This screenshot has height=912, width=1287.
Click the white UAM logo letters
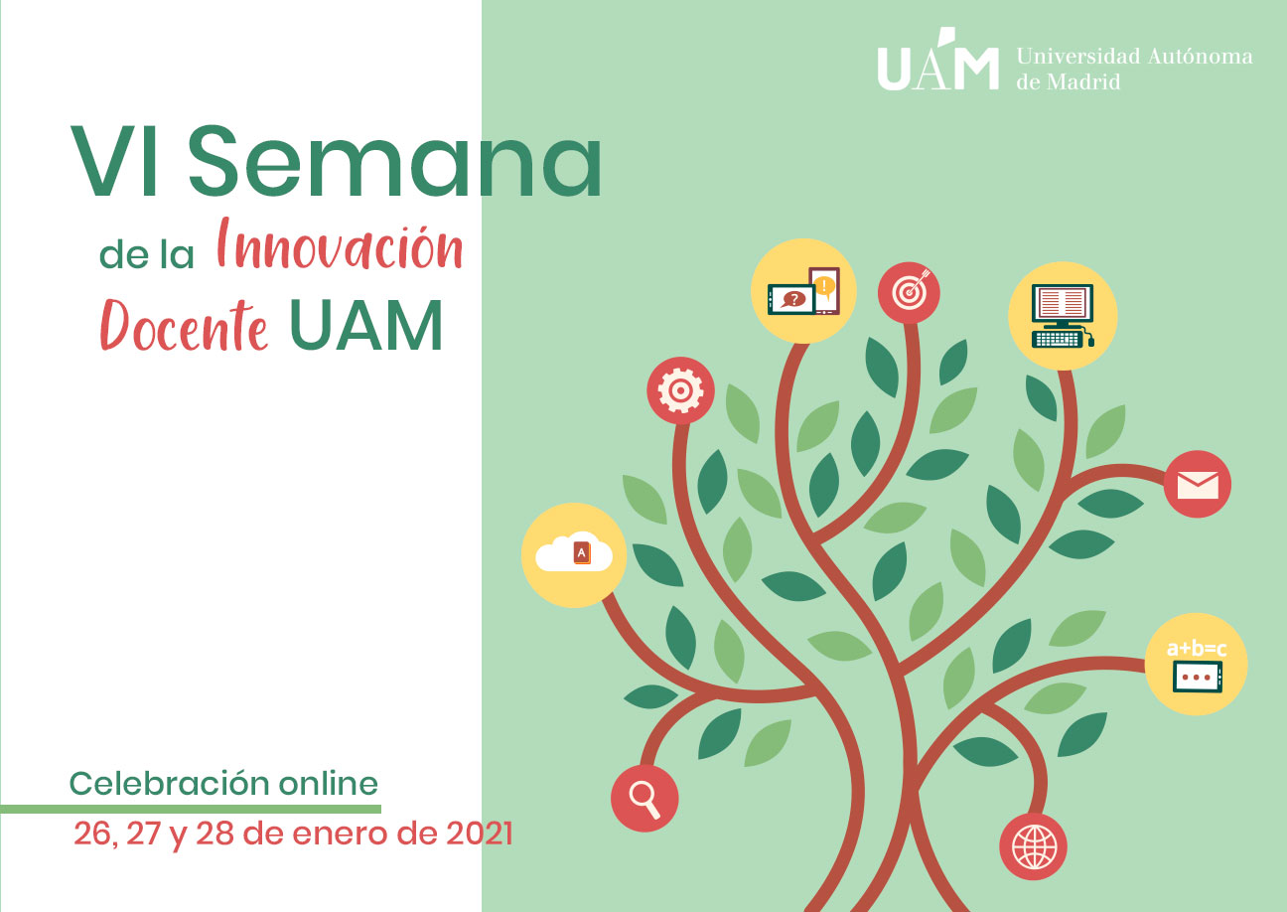click(937, 60)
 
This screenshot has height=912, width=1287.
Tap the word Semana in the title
click(394, 162)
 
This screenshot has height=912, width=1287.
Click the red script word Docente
click(184, 325)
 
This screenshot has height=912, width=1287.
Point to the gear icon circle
click(681, 390)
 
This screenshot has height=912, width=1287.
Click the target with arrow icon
click(909, 293)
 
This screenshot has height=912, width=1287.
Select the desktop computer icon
click(1063, 316)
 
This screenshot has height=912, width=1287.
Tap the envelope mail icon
click(1198, 485)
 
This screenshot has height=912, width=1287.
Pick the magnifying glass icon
click(644, 799)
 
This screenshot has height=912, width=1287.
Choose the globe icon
click(1034, 846)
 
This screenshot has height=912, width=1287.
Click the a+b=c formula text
click(1197, 649)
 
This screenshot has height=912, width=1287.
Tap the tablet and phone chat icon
click(803, 291)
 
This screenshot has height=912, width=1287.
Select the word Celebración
click(170, 784)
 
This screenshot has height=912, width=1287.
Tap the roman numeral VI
click(114, 162)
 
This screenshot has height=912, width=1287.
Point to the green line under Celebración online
click(191, 809)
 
